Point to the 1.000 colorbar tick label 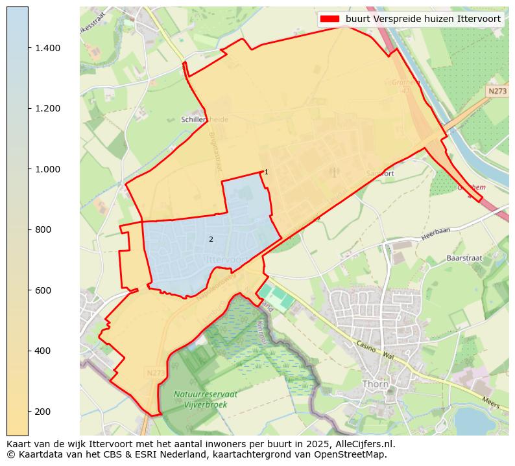pyautogui.click(x=47, y=169)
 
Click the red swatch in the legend pyautogui.click(x=330, y=19)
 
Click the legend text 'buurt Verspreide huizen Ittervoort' pyautogui.click(x=423, y=19)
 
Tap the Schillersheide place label pyautogui.click(x=204, y=120)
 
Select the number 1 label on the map pyautogui.click(x=266, y=172)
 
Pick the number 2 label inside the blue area pyautogui.click(x=211, y=239)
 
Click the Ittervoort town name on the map pyautogui.click(x=227, y=259)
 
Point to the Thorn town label pyautogui.click(x=376, y=384)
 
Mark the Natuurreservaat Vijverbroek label pyautogui.click(x=206, y=398)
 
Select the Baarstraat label pyautogui.click(x=464, y=258)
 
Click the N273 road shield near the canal pyautogui.click(x=497, y=91)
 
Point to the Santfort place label pyautogui.click(x=380, y=174)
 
